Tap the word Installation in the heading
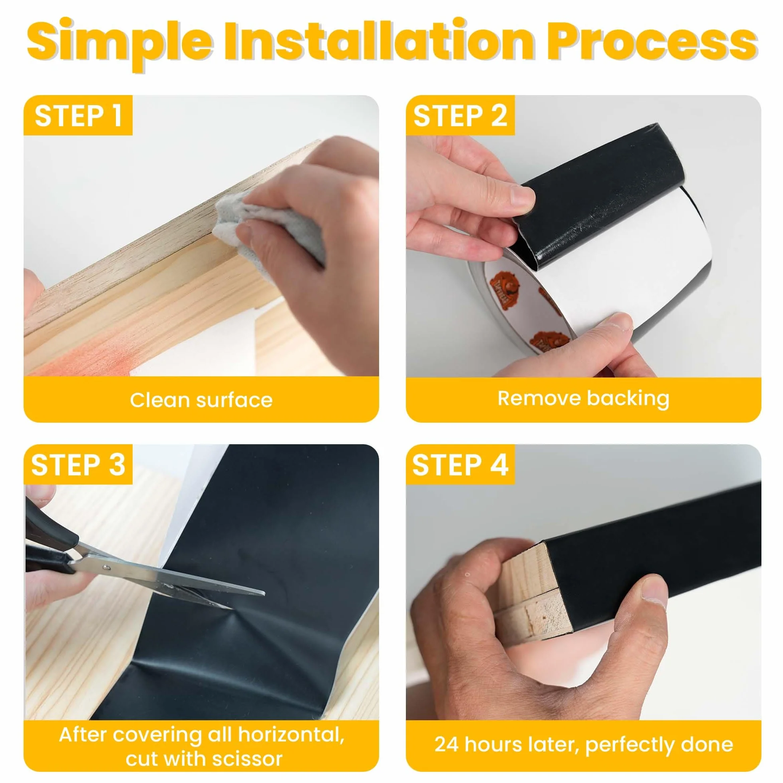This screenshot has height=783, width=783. coord(379,40)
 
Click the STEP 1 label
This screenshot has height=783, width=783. coord(78,116)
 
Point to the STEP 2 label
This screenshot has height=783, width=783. coord(460,116)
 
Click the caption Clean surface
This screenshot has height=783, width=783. coord(201,400)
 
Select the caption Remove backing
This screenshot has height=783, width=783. coord(583,398)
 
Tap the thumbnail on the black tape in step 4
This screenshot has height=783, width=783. coord(654,587)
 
